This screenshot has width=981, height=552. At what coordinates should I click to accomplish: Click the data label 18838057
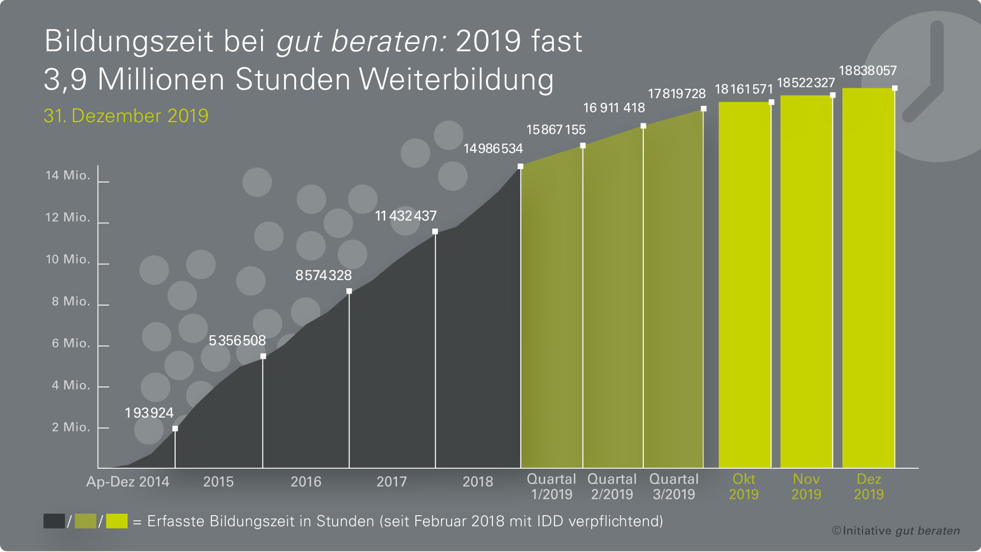click(x=868, y=71)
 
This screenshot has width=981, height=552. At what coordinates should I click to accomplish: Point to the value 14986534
click(x=493, y=149)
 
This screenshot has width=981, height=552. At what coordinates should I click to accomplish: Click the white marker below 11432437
click(x=435, y=232)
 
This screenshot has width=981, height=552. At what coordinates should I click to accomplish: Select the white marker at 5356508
click(x=263, y=356)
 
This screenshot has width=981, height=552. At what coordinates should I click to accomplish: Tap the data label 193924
click(x=149, y=413)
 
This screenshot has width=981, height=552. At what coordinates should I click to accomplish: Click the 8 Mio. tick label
click(x=71, y=301)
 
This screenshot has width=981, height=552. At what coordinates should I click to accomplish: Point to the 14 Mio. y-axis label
click(x=67, y=175)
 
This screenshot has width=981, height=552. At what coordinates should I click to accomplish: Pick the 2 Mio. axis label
click(x=71, y=427)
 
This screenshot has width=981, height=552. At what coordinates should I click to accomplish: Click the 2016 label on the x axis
click(x=306, y=481)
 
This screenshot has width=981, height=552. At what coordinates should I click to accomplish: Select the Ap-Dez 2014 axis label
click(x=128, y=481)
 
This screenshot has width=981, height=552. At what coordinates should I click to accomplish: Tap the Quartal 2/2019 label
click(x=612, y=487)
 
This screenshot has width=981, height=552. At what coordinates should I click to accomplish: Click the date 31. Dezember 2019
click(x=126, y=116)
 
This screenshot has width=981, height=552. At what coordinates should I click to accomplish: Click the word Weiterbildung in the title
click(x=456, y=80)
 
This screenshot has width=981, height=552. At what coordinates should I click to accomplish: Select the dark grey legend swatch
click(x=54, y=521)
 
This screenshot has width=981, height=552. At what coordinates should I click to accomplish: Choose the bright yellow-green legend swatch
click(x=116, y=521)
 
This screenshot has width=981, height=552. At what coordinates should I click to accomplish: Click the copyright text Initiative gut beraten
click(x=896, y=531)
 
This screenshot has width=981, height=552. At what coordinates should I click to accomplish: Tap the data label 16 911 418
click(x=614, y=108)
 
